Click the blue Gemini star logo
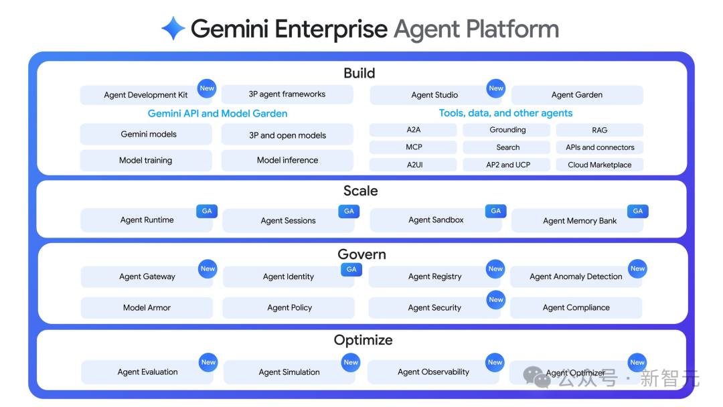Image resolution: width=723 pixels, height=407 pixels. pyautogui.click(x=173, y=29)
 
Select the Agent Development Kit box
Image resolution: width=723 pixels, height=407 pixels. pyautogui.click(x=146, y=95)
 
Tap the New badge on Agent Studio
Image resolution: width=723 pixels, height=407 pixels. pyautogui.click(x=496, y=88)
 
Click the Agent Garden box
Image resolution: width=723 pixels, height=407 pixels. pyautogui.click(x=576, y=95)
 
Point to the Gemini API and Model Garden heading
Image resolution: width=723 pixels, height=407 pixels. pyautogui.click(x=218, y=114)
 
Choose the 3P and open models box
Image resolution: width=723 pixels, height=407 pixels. pyautogui.click(x=287, y=135)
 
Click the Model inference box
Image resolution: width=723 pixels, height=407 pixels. pyautogui.click(x=287, y=161)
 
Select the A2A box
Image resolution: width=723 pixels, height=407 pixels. pyautogui.click(x=413, y=130)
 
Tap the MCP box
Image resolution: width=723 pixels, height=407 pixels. pyautogui.click(x=413, y=147)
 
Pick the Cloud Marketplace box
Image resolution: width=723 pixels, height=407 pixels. pyautogui.click(x=599, y=165)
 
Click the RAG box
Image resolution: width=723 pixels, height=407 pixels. pyautogui.click(x=599, y=130)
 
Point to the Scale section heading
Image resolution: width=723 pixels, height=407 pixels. pyautogui.click(x=360, y=191)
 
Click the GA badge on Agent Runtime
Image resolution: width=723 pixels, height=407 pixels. pyautogui.click(x=207, y=211)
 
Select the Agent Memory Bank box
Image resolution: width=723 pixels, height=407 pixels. pyautogui.click(x=579, y=221)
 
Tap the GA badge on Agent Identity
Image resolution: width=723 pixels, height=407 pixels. pyautogui.click(x=351, y=269)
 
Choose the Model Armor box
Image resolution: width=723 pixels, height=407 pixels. pyautogui.click(x=147, y=308)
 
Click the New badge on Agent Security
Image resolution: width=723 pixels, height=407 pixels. pyautogui.click(x=495, y=300)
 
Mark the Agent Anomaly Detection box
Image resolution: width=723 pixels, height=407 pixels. pyautogui.click(x=576, y=276)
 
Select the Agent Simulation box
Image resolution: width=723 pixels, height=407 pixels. pyautogui.click(x=289, y=372)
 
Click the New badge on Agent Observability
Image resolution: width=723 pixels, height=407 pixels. pyautogui.click(x=495, y=362)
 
